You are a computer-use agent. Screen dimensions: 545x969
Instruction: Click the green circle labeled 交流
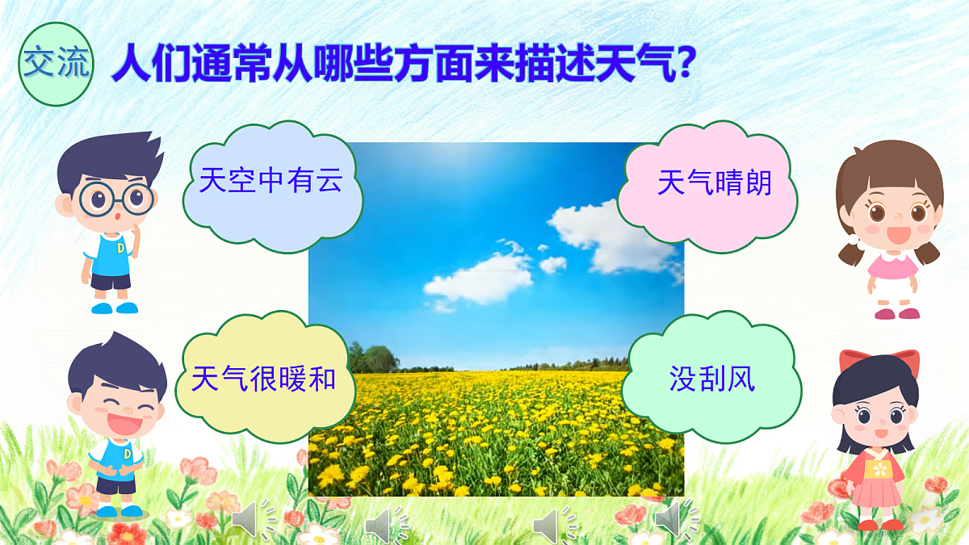55,64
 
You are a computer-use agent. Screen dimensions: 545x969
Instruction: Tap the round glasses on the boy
115,197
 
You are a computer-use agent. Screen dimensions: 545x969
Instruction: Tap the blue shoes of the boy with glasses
114,308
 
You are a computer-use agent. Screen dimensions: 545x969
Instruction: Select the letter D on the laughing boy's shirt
127,454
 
